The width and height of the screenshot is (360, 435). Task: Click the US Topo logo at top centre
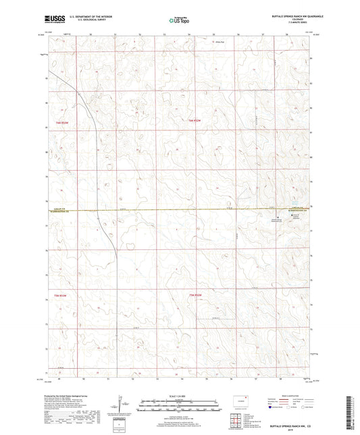pos(179,21)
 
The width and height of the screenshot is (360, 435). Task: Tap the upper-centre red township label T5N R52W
pos(195,120)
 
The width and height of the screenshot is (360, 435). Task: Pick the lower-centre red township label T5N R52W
pos(195,295)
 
